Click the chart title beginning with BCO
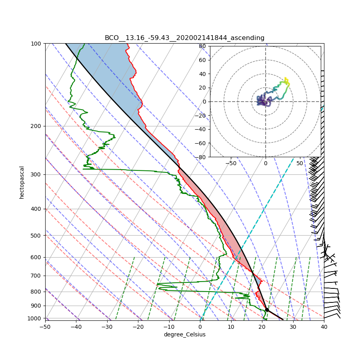(x=184, y=38)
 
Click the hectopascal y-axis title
(x=22, y=182)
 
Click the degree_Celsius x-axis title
(x=184, y=334)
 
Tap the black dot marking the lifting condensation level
(x=267, y=310)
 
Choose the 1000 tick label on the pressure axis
(x=35, y=318)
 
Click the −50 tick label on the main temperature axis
(x=45, y=327)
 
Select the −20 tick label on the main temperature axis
(x=138, y=327)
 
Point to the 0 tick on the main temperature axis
(x=200, y=327)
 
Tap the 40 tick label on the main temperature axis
(x=324, y=327)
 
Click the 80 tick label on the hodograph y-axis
(x=202, y=46)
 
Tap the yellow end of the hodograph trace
(x=285, y=78)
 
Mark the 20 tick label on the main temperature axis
(x=262, y=327)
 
